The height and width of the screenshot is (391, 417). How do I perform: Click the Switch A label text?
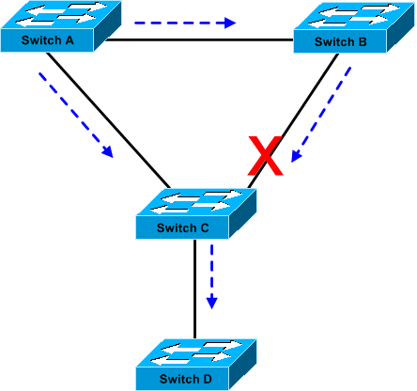48,40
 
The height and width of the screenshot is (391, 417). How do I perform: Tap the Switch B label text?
341,41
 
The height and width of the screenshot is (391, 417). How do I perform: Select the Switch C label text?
183,227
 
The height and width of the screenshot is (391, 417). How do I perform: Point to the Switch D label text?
186,379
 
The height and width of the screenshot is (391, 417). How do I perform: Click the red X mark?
266,156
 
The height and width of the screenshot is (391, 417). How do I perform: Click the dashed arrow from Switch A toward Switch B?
185,23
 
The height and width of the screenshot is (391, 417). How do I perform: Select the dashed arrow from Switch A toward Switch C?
76,115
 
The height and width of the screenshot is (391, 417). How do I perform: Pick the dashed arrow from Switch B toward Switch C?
321,115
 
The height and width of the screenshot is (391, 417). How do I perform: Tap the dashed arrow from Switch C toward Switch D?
212,277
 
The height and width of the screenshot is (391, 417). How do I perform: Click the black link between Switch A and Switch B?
200,39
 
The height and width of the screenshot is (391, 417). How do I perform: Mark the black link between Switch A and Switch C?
108,120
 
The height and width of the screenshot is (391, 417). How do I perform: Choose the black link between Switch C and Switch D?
194,289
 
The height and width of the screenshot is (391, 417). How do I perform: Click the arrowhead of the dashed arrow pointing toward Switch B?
230,23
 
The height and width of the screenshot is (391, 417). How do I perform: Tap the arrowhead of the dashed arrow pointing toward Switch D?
212,303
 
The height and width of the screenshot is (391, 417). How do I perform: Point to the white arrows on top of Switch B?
354,16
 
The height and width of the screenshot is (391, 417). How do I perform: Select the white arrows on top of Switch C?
196,202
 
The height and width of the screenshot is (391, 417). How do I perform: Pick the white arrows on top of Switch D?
196,352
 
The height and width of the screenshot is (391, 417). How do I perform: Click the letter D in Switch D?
208,379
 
